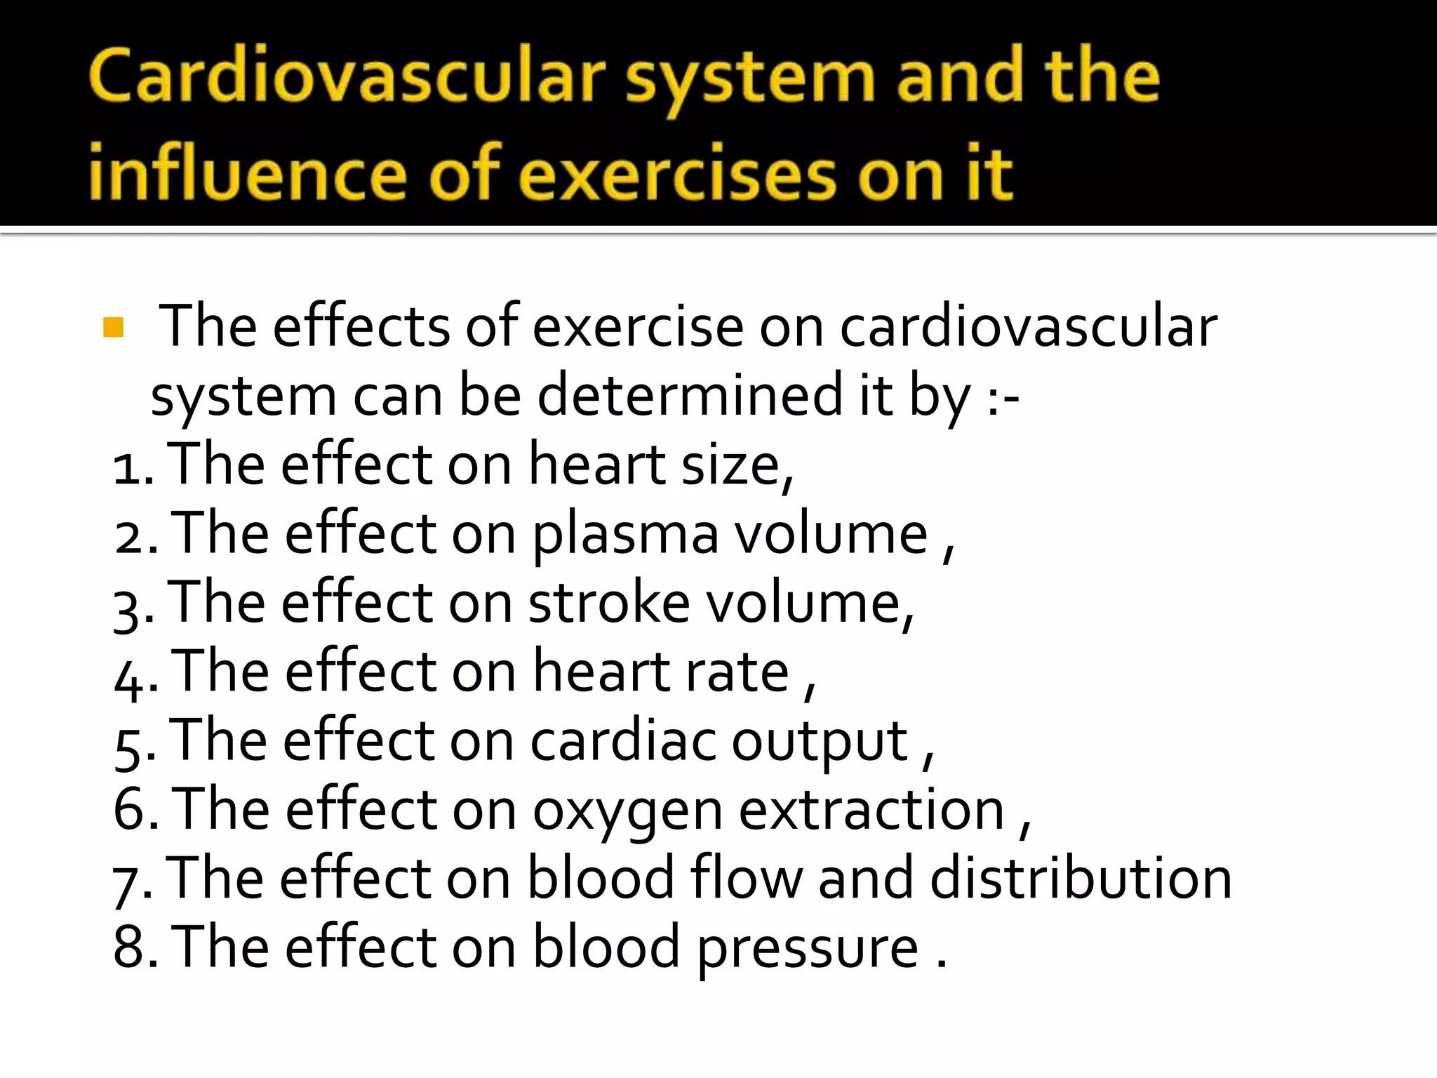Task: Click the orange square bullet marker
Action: [113, 328]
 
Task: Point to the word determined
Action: [690, 396]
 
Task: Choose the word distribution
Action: [1081, 878]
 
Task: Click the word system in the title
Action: [750, 79]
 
